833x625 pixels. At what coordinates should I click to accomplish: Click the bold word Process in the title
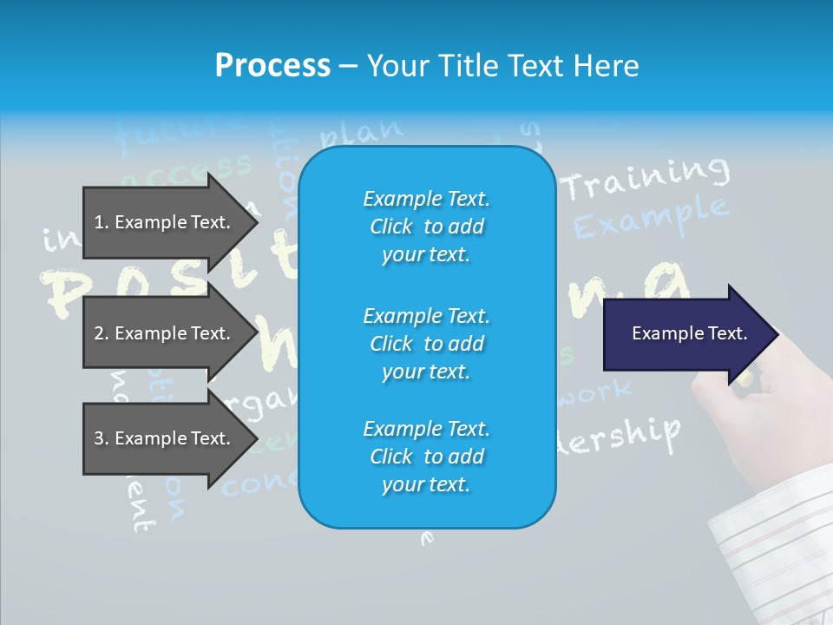click(x=272, y=66)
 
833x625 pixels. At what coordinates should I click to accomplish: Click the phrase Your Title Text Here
click(x=502, y=66)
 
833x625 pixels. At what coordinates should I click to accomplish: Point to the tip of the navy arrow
click(x=776, y=333)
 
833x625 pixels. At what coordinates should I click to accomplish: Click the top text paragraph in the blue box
click(x=426, y=227)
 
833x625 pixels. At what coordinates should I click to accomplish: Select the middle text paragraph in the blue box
click(x=426, y=343)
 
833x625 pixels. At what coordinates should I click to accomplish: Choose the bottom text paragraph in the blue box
click(x=426, y=456)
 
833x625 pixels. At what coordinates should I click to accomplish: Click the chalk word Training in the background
click(x=646, y=178)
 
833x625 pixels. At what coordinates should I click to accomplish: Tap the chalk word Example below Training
click(x=651, y=218)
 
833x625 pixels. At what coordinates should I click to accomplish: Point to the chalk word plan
click(x=361, y=133)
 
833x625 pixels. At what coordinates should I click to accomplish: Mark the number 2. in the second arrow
click(x=102, y=333)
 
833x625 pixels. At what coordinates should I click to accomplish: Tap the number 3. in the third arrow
click(x=102, y=438)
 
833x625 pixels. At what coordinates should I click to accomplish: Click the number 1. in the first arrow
click(x=102, y=222)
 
